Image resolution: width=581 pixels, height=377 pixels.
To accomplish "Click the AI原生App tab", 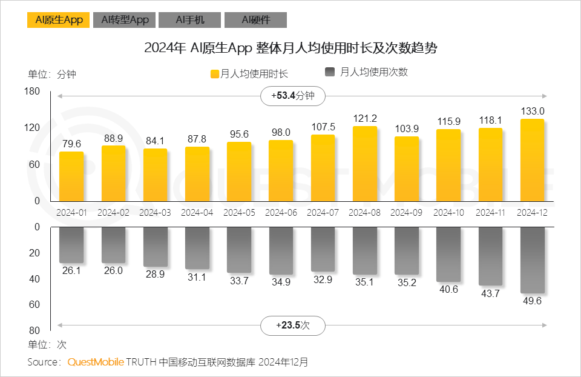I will (x=58, y=20).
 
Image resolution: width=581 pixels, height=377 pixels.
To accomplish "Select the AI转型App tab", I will (x=125, y=20).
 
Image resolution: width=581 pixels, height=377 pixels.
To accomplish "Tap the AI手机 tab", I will (x=189, y=20).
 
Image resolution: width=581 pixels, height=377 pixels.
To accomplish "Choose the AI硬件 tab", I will (x=255, y=20).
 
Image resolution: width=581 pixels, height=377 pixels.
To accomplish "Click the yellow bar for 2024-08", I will (x=364, y=164).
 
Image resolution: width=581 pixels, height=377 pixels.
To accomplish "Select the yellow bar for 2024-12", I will (x=532, y=160).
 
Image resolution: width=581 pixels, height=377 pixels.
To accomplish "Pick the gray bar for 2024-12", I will (x=532, y=260).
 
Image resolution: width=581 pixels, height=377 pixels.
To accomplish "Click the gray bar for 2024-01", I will (x=71, y=245).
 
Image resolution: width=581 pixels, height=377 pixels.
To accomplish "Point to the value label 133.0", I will (x=532, y=111).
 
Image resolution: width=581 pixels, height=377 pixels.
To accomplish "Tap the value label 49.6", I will (x=532, y=301).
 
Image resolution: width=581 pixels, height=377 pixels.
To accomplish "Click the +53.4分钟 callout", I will (x=293, y=96).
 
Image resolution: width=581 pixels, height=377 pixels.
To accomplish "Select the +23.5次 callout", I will (x=293, y=325).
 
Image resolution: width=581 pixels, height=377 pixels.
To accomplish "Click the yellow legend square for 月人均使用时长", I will (x=214, y=74).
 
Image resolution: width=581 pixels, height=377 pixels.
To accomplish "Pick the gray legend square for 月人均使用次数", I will (x=330, y=72).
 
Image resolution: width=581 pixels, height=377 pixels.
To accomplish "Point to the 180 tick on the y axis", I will (x=33, y=92).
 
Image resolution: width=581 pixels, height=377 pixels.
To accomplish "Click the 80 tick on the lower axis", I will (x=34, y=330).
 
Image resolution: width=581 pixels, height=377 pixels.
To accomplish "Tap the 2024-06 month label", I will (x=280, y=213).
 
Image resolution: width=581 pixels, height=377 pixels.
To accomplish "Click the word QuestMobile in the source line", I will (x=96, y=362).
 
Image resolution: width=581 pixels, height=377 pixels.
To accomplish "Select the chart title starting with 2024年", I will (x=290, y=48).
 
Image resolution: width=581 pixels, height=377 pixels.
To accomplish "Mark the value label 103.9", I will (x=406, y=128).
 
